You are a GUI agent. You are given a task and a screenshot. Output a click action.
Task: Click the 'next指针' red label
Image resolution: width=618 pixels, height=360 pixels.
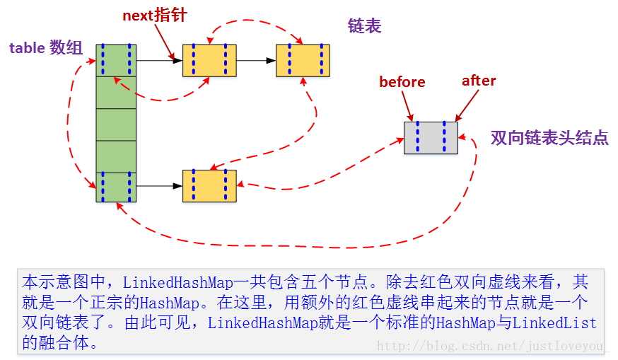pyautogui.click(x=154, y=15)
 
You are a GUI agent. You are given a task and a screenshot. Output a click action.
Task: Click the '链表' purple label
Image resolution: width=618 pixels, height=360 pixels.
pyautogui.click(x=364, y=26)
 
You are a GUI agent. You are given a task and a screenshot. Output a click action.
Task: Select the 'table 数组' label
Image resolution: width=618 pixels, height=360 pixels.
pyautogui.click(x=46, y=48)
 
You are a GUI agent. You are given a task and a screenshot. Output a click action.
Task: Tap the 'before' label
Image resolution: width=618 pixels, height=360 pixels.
pyautogui.click(x=402, y=82)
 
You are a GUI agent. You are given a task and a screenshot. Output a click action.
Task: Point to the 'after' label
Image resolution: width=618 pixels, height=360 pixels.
pyautogui.click(x=479, y=81)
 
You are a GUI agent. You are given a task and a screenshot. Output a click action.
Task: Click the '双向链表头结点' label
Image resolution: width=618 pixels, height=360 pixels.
pyautogui.click(x=549, y=137)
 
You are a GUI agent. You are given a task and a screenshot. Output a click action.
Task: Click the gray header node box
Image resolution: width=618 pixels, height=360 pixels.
pyautogui.click(x=431, y=137)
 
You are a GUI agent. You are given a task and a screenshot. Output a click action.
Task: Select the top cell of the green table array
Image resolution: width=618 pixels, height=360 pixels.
pyautogui.click(x=116, y=60)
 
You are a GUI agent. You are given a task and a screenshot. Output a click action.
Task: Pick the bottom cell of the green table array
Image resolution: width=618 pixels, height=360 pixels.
pyautogui.click(x=116, y=187)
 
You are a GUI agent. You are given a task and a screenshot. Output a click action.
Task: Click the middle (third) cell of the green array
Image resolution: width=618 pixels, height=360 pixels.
pyautogui.click(x=116, y=124)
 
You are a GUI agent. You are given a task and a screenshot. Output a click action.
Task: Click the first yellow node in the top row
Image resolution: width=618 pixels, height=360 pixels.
pyautogui.click(x=209, y=60)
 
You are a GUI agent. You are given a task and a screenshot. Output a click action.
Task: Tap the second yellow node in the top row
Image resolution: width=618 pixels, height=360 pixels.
pyautogui.click(x=303, y=60)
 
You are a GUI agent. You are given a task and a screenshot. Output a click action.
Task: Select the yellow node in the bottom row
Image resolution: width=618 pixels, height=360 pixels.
pyautogui.click(x=209, y=187)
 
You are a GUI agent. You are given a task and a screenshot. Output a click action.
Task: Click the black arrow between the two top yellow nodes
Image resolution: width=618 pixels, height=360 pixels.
pyautogui.click(x=255, y=60)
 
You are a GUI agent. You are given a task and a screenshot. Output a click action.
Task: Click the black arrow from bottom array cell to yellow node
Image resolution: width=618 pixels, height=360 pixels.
pyautogui.click(x=159, y=187)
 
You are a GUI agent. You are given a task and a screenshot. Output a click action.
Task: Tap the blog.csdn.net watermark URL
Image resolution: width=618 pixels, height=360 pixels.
pyautogui.click(x=492, y=346)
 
